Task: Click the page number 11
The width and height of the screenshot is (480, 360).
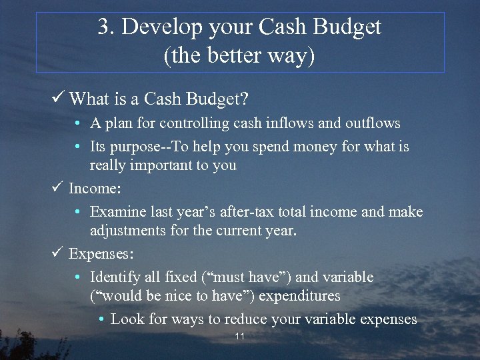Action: coord(240,337)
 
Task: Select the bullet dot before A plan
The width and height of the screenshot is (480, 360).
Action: coord(78,124)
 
